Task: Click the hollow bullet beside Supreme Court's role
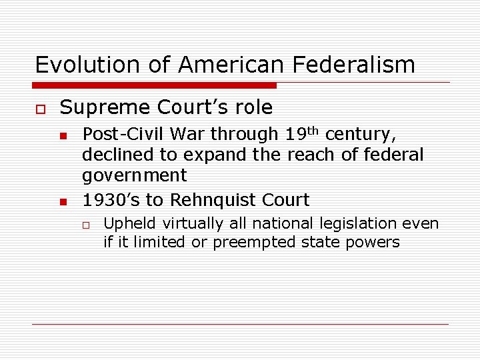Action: click(40, 108)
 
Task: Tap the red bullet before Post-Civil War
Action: click(63, 136)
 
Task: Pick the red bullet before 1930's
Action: click(63, 201)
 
